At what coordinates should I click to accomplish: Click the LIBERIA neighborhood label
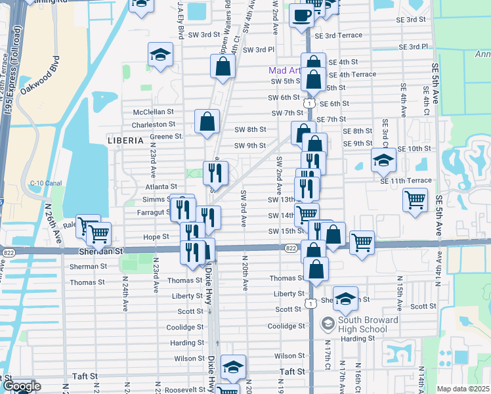pos(125,141)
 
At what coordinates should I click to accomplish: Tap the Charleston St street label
pos(154,124)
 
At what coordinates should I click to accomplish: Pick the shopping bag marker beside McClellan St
pos(207,121)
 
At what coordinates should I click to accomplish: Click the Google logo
pos(21,387)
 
